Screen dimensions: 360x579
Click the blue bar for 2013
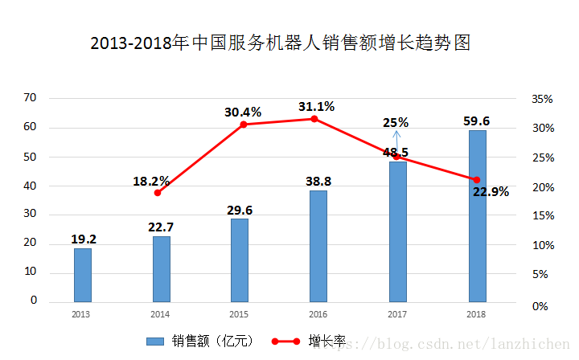coord(83,275)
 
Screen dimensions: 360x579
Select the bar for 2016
coord(318,246)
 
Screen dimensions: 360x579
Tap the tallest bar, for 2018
coord(477,215)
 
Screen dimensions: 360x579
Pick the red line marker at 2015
coord(244,124)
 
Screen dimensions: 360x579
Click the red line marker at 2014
coord(158,193)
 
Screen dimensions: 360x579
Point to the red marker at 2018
coord(477,180)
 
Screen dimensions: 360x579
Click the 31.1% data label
coord(316,106)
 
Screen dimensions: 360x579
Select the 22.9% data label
coord(491,192)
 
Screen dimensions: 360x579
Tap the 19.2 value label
coord(84,239)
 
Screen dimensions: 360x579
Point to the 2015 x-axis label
coord(238,313)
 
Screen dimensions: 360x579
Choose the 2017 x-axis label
coord(396,313)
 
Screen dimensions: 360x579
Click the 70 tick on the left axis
coord(31,98)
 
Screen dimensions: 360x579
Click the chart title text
coord(280,43)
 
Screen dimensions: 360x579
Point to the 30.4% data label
coord(243,112)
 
